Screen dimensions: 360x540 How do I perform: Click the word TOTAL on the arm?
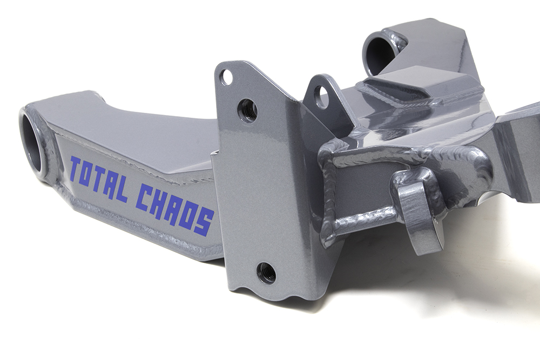point(99,178)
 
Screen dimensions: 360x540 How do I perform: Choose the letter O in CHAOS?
point(188,215)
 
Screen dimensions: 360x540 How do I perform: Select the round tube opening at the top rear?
point(380,53)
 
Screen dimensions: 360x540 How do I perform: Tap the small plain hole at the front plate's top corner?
point(227,78)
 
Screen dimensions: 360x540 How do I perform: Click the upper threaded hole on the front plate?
point(247,110)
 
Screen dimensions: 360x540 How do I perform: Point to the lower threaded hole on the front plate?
point(266,273)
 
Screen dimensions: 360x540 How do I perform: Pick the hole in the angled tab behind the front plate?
point(321,97)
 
